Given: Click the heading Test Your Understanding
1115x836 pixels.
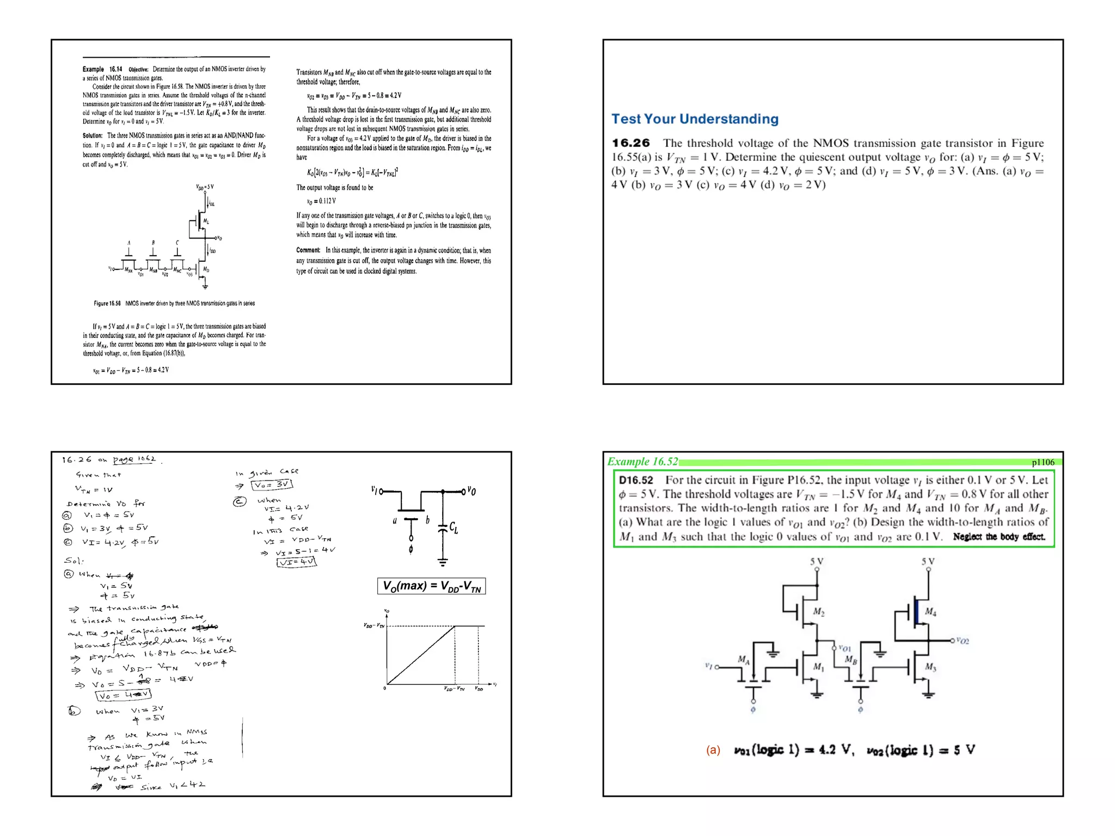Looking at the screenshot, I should [x=695, y=119].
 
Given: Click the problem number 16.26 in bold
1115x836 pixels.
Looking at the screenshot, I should [x=631, y=143].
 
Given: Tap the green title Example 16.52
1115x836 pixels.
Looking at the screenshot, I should [x=642, y=462].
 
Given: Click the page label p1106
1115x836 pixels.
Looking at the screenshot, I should [x=1043, y=462].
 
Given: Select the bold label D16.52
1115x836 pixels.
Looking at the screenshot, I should [x=636, y=480].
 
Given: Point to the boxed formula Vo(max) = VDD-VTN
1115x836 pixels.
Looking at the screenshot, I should [x=431, y=586].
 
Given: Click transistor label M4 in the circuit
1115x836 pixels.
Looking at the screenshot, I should [x=930, y=612].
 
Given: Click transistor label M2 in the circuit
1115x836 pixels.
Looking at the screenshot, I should [x=818, y=612].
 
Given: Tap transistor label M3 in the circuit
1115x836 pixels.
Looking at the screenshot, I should [x=930, y=667].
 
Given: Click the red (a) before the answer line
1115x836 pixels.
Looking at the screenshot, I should [x=713, y=750].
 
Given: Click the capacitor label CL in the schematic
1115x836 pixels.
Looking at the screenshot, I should [x=454, y=527].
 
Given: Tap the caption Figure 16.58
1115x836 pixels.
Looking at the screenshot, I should [x=107, y=304].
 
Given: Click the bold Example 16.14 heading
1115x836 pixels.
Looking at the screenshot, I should [x=102, y=69].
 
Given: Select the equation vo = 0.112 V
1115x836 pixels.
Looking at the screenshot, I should [x=321, y=201].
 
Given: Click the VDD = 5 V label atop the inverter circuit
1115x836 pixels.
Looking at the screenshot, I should [x=205, y=187].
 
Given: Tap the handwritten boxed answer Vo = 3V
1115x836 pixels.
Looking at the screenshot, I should [x=272, y=484].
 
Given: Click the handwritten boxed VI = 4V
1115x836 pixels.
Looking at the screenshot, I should [x=296, y=562].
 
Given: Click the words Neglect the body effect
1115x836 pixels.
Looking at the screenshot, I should [x=998, y=537].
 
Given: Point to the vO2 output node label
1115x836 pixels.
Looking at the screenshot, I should [x=963, y=641].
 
